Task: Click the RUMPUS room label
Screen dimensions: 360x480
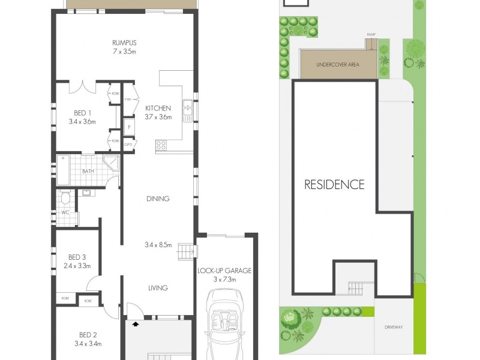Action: click(x=124, y=43)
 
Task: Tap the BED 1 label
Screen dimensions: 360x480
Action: click(x=82, y=113)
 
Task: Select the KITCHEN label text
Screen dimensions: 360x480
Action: click(x=158, y=108)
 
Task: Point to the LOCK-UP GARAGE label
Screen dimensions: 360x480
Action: click(x=224, y=271)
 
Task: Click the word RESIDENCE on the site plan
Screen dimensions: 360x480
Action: click(x=334, y=184)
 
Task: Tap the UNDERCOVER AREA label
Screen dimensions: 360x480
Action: click(x=338, y=65)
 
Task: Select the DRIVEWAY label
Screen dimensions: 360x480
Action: click(x=394, y=328)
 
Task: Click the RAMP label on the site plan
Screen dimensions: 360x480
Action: click(x=371, y=35)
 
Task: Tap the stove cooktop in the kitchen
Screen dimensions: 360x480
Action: click(x=162, y=145)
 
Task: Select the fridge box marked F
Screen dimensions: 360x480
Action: click(x=128, y=128)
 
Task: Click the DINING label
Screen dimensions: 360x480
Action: click(x=158, y=199)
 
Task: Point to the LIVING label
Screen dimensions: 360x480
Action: click(x=158, y=288)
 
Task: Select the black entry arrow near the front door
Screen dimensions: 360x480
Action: click(x=136, y=324)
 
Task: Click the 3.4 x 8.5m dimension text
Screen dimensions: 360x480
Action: click(x=158, y=245)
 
